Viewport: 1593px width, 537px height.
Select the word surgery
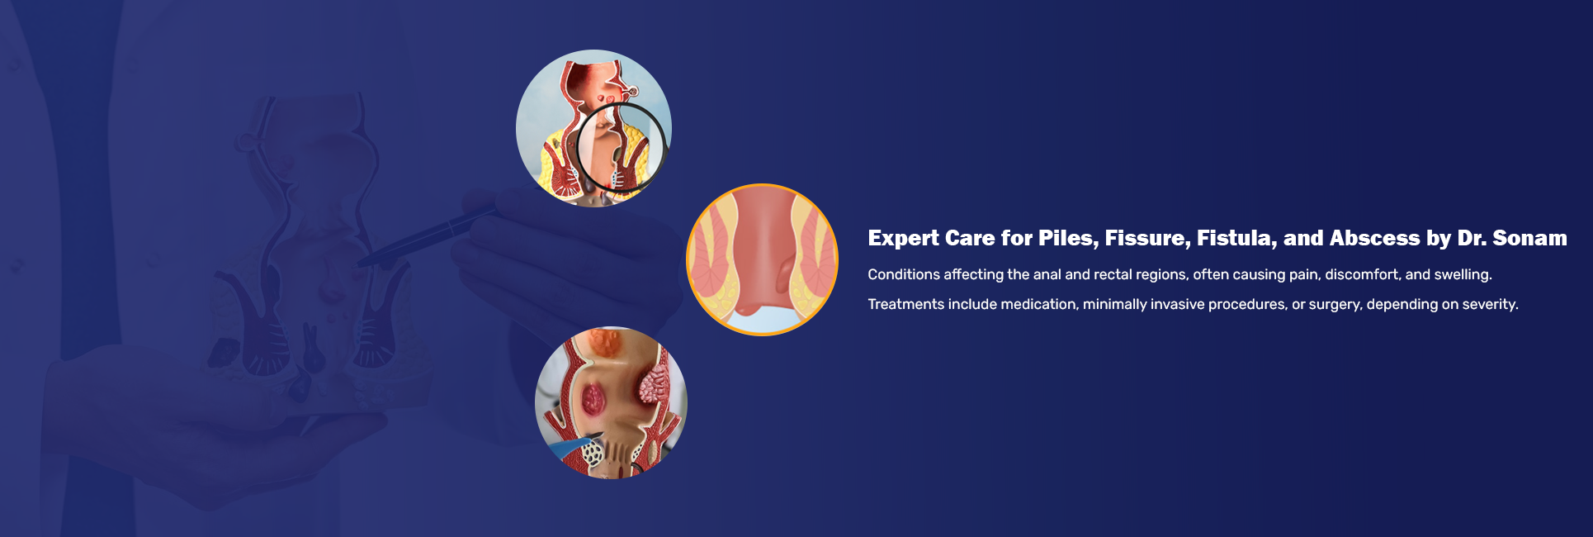(x=1335, y=305)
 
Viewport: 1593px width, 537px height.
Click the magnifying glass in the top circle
(x=620, y=148)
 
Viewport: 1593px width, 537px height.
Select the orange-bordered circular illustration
(x=762, y=259)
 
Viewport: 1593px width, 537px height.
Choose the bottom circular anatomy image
(x=611, y=402)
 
